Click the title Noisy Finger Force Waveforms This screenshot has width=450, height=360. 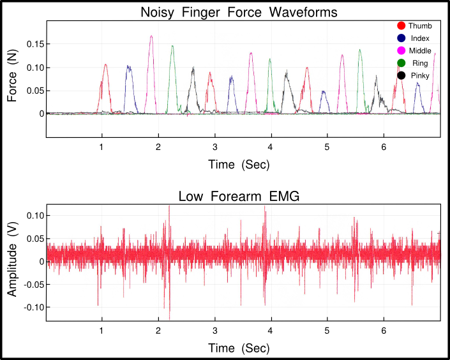coord(239,12)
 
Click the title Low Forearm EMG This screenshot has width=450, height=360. coord(239,197)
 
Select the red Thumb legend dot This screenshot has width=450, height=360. coord(401,26)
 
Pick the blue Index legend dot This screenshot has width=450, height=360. coord(401,38)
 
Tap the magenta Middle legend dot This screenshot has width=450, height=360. coord(401,50)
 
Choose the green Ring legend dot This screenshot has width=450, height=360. coord(401,63)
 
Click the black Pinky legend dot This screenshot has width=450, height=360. coord(401,75)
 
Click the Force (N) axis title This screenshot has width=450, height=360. coord(12,76)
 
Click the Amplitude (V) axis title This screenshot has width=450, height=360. coord(12,259)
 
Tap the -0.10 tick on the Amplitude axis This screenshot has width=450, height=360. coord(33,307)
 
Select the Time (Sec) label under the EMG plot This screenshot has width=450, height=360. coord(239,349)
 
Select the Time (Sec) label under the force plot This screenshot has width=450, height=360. coord(239,165)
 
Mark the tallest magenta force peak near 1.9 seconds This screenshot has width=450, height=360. coord(151,36)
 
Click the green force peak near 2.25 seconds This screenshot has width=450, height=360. coord(172,46)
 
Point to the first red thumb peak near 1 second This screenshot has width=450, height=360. coord(105,64)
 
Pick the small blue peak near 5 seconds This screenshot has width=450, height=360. coord(324,91)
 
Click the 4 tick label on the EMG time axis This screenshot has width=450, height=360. coord(271,331)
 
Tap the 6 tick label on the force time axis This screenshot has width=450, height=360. coord(384,147)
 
